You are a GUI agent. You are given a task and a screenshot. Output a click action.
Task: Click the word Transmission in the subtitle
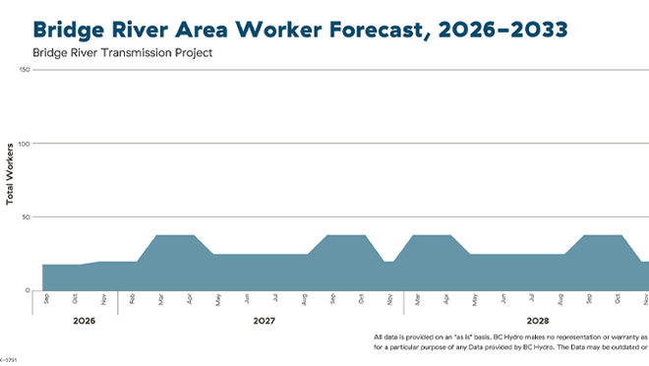(x=147, y=52)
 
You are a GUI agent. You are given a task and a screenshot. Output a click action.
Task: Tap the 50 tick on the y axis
(x=27, y=216)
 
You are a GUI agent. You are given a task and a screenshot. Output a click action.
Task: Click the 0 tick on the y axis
(x=29, y=290)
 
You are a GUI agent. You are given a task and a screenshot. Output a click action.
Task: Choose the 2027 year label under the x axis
(x=264, y=321)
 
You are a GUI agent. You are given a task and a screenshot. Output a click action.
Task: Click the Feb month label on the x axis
(x=134, y=298)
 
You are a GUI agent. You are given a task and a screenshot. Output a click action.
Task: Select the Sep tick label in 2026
(x=45, y=298)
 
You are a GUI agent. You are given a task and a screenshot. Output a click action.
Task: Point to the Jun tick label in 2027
(x=247, y=298)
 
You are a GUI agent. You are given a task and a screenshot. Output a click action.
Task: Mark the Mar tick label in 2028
(x=418, y=298)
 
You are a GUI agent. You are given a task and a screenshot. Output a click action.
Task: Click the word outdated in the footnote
(x=620, y=347)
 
